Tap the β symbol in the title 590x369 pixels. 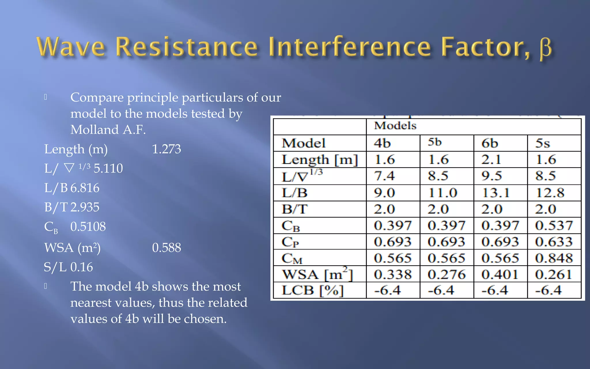point(545,48)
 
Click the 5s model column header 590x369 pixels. point(543,143)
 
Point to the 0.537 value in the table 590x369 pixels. point(554,225)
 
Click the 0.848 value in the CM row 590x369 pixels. point(554,258)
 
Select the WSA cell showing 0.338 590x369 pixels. point(393,274)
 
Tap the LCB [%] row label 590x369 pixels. point(313,290)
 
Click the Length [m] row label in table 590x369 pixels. point(319,160)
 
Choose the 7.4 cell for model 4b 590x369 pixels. point(385,176)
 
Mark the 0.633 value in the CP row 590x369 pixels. point(554,242)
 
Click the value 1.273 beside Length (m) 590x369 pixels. point(166,149)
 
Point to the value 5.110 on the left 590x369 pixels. point(108,168)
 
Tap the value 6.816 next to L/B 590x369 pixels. point(85,188)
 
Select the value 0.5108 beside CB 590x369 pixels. point(88,227)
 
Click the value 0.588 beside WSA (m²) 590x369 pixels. point(167,248)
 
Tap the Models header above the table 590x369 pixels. point(395,126)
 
